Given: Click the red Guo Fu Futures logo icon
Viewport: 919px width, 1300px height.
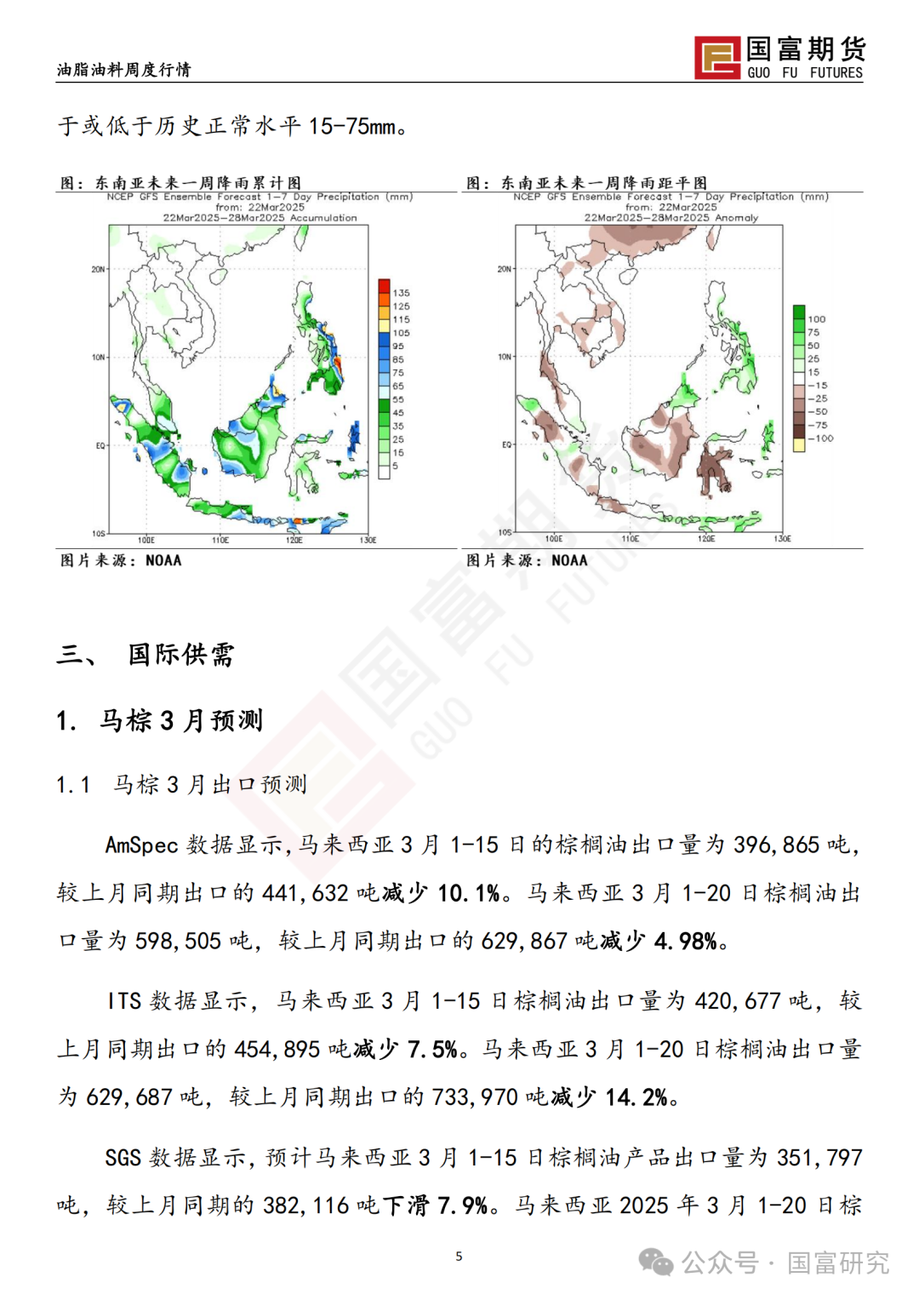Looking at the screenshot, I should [717, 58].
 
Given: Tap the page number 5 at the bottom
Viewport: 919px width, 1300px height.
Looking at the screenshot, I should [459, 1256].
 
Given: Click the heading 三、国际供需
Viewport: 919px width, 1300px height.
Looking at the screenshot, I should [145, 654].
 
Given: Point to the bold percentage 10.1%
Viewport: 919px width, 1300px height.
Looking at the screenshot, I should [469, 893].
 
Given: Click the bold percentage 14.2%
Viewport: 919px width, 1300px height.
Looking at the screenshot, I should [636, 1097].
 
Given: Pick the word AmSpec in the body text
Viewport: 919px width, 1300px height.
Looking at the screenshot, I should [141, 845].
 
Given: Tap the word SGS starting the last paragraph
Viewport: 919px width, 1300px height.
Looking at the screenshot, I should [123, 1158].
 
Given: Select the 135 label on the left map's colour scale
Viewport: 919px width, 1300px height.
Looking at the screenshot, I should [401, 293].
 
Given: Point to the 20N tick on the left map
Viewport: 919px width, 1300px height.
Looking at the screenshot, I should [98, 270].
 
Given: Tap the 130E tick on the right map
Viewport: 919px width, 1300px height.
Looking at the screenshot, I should [782, 539].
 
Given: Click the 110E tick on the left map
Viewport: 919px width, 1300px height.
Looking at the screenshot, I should [220, 540].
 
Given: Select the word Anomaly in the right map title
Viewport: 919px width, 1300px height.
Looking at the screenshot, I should [736, 218].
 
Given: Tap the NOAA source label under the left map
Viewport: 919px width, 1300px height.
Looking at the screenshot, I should [163, 560].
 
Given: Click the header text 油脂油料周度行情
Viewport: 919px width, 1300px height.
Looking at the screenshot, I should [123, 70].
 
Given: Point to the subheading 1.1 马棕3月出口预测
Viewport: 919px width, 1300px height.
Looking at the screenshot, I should [181, 784].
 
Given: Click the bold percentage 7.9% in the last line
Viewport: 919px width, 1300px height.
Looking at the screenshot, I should [462, 1206].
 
